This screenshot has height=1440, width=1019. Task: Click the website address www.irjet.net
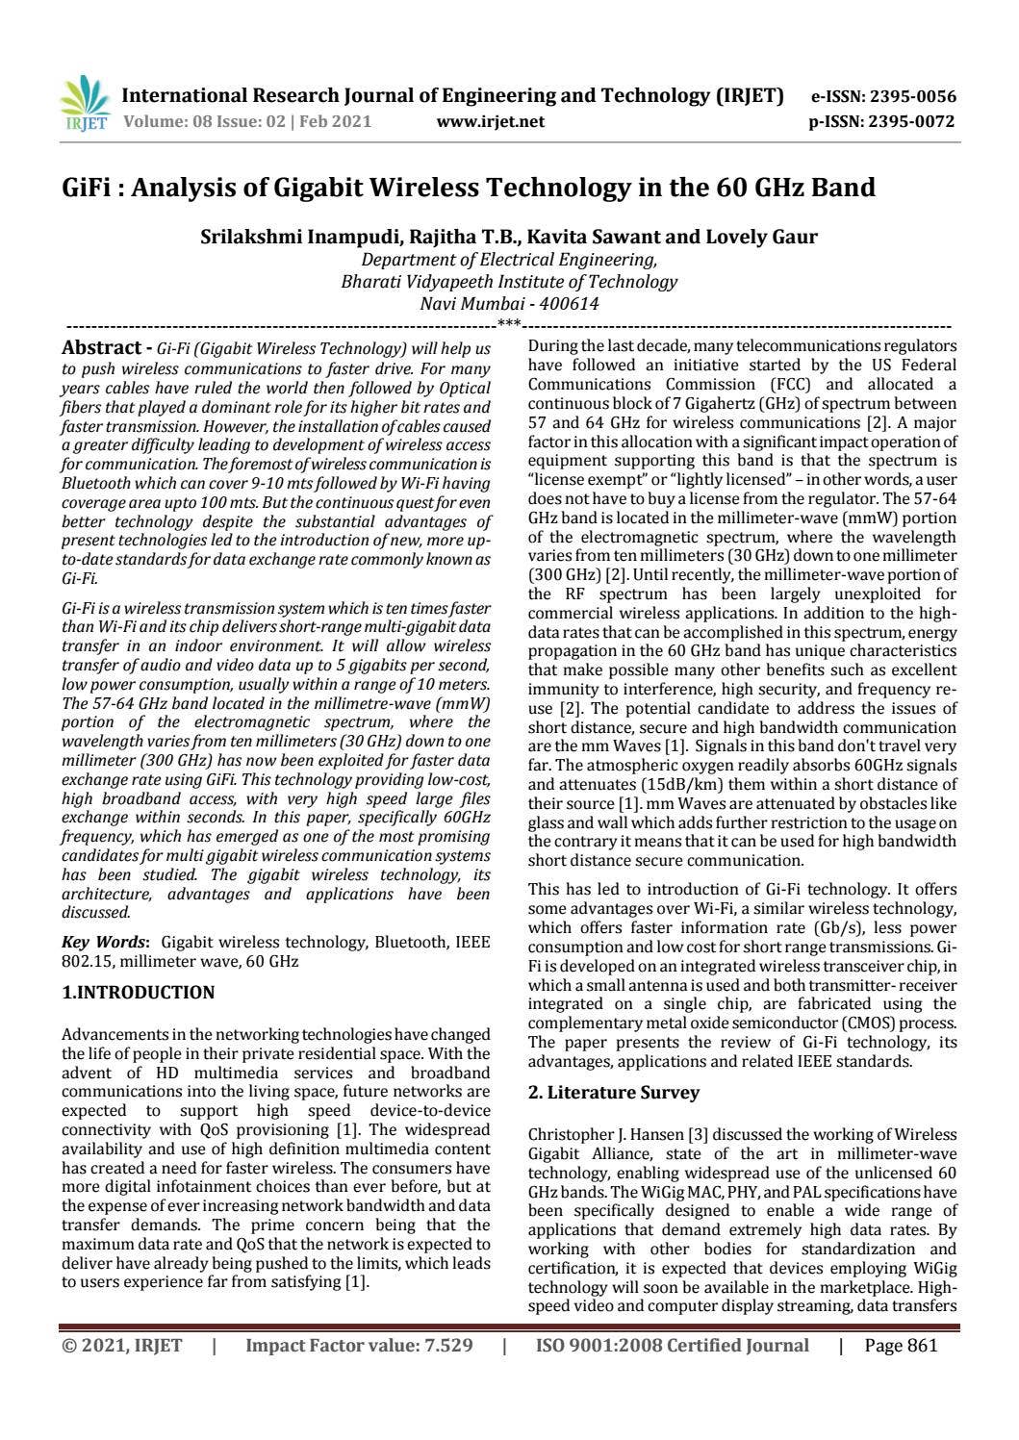(490, 121)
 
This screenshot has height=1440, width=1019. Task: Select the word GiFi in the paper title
(88, 187)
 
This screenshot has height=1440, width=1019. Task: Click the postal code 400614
(569, 304)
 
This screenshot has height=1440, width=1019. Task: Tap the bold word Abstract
(100, 347)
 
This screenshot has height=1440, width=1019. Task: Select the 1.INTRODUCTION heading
(138, 992)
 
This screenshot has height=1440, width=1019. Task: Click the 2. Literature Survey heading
(613, 1092)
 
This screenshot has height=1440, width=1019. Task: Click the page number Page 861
(900, 1345)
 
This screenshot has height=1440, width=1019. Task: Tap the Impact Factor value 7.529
(449, 1345)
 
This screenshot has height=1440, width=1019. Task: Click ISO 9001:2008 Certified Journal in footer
(672, 1345)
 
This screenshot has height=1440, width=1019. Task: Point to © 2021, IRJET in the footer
(121, 1345)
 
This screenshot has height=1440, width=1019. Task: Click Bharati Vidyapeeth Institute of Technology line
(509, 282)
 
